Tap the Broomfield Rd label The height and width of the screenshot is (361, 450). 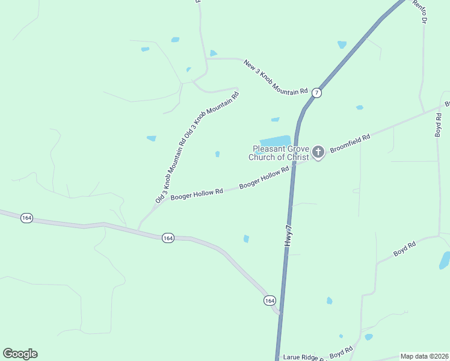pos(350,144)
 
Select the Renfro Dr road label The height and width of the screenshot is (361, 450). pos(421,11)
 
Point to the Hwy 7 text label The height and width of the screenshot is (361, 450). pos(288,233)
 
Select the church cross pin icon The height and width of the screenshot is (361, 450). pos(318,153)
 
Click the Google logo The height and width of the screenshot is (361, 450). pos(20,354)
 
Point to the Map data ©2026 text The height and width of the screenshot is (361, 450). pos(424,356)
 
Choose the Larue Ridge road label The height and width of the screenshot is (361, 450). pos(304,357)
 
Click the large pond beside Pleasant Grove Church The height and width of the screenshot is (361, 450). pos(274,142)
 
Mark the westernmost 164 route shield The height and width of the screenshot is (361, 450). pos(26,218)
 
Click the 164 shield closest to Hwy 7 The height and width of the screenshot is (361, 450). pos(269,300)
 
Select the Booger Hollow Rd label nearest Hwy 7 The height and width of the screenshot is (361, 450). pos(264,178)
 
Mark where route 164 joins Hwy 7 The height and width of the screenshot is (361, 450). pos(280,313)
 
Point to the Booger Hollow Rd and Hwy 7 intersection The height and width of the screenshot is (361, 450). pos(294,167)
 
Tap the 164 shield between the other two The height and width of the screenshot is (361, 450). pos(168,238)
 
